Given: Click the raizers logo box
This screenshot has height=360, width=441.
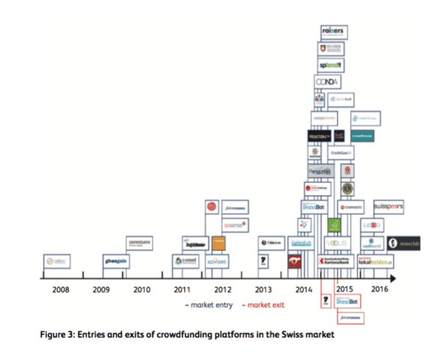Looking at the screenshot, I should click(334, 32).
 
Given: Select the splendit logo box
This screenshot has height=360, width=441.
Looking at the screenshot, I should click(331, 65).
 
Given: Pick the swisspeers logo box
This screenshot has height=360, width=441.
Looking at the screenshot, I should click(388, 207).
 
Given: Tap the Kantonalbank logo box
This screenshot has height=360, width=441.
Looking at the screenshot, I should click(335, 262).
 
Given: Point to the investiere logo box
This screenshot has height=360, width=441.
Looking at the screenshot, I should click(139, 242).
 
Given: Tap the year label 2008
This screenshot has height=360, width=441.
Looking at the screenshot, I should click(61, 289).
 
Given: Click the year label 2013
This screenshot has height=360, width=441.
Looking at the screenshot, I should click(262, 289).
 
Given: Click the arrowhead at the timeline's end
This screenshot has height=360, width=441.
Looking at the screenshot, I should click(394, 278).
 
